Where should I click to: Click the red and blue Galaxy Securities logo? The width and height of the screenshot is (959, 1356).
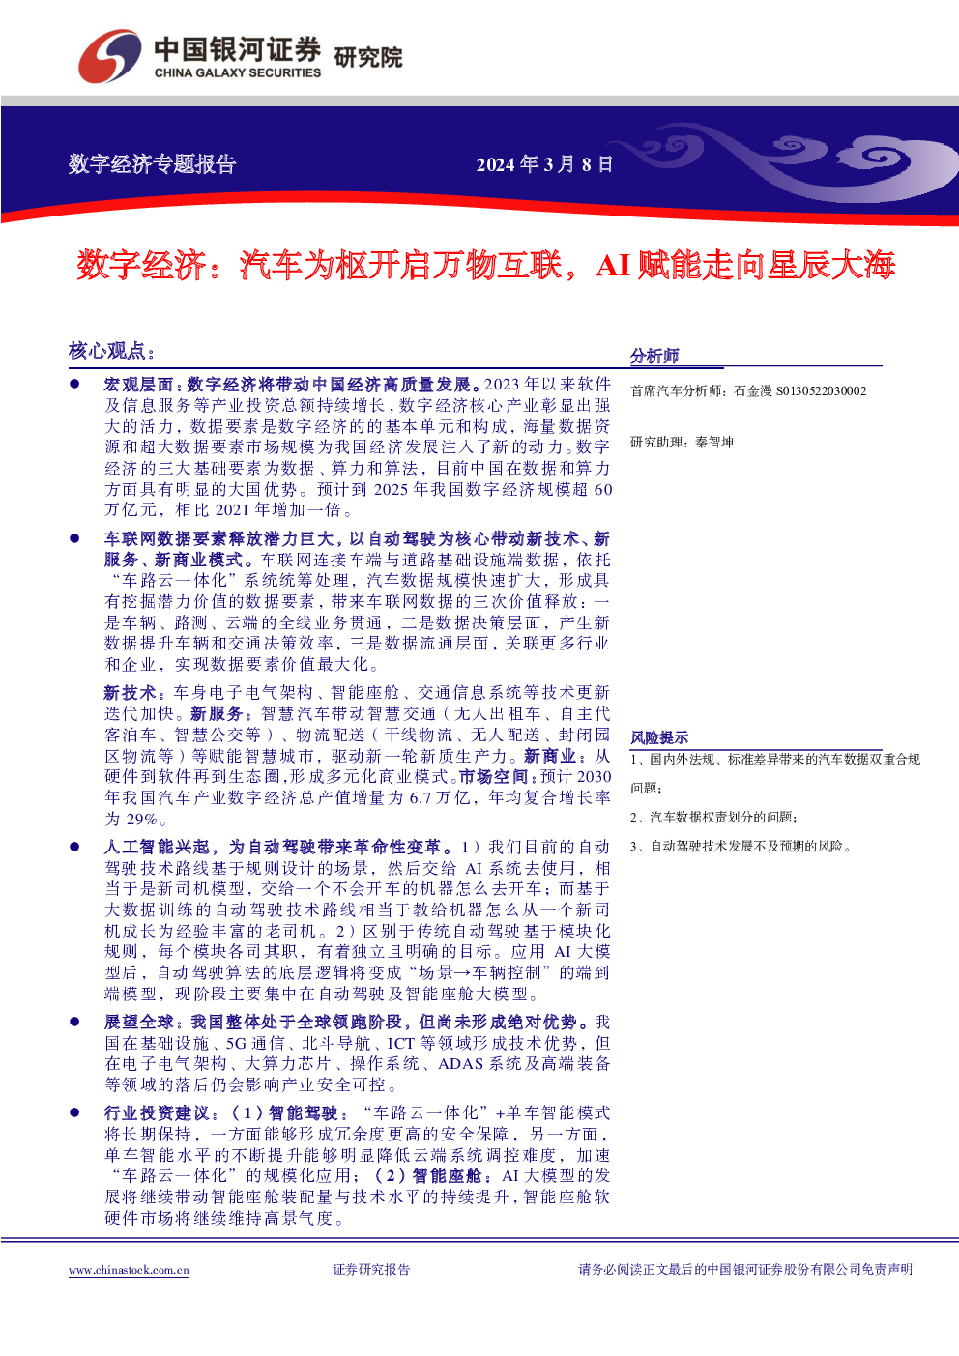[x=109, y=56]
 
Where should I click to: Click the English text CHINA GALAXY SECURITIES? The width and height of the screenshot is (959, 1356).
[x=237, y=73]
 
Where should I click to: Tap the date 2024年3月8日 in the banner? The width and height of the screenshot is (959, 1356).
[x=544, y=164]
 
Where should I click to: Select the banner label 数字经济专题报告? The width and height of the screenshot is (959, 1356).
[x=152, y=164]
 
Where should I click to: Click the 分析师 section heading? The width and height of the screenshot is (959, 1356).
[x=654, y=356]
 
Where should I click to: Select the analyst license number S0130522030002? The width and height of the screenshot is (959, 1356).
[x=821, y=391]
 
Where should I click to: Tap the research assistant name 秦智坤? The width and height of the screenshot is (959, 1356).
[x=713, y=443]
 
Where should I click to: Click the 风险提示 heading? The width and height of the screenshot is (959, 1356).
[x=659, y=738]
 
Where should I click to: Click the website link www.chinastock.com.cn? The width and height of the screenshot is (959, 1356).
[x=129, y=1270]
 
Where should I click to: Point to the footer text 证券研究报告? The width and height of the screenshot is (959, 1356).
[x=371, y=1269]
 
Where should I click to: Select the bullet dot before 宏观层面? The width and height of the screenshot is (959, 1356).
[x=74, y=384]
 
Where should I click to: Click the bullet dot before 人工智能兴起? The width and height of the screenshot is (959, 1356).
[x=74, y=847]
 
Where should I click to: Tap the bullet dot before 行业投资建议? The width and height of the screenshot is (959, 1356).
[x=74, y=1112]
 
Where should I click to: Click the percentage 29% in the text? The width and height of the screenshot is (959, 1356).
[x=142, y=819]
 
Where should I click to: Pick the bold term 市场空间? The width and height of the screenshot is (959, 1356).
[x=493, y=777]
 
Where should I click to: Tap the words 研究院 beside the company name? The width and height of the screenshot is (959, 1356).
[x=368, y=58]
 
